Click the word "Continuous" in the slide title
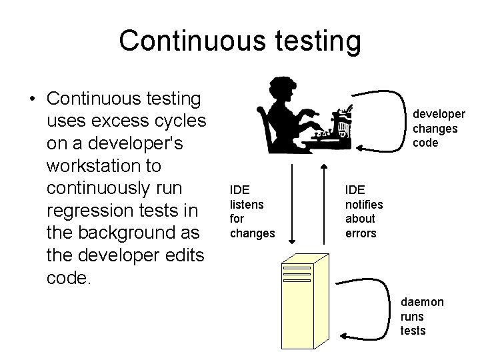(190, 41)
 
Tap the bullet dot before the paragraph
(32, 99)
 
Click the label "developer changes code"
(435, 129)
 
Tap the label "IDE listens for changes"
(251, 211)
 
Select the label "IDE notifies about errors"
(362, 211)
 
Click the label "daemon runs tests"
(421, 316)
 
